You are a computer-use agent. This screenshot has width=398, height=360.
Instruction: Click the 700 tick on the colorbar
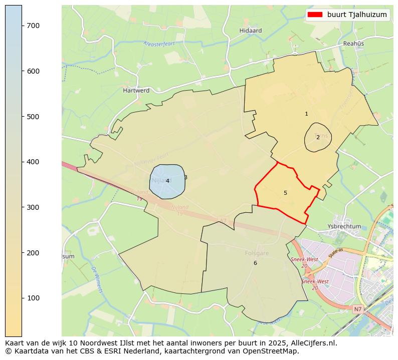tap(22, 26)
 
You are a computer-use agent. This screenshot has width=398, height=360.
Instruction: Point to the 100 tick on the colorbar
tap(22, 298)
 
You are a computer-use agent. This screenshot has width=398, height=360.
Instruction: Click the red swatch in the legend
tap(315, 15)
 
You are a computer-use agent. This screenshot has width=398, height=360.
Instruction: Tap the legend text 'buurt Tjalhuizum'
tap(357, 15)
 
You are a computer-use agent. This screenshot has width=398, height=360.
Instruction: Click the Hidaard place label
tap(251, 31)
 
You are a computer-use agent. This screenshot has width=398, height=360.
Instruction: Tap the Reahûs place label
tap(353, 44)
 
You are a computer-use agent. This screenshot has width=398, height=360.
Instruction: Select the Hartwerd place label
tap(136, 91)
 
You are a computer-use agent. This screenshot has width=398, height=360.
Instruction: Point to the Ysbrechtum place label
tap(344, 226)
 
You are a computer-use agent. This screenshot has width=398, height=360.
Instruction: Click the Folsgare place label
tap(257, 253)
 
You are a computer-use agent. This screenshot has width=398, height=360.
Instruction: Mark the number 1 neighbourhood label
tap(306, 114)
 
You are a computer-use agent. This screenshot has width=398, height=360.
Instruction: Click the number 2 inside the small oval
tap(318, 137)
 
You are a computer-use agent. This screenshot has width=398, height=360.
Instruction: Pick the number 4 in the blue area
tap(167, 181)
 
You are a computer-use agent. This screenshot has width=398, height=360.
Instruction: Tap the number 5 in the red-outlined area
tap(285, 193)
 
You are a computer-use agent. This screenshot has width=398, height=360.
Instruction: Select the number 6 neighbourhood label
tap(255, 263)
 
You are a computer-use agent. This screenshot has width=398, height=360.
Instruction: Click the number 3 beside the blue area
tap(185, 177)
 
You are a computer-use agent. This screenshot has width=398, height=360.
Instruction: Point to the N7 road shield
tap(357, 310)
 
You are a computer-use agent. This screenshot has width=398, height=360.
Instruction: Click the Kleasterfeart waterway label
tap(159, 44)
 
